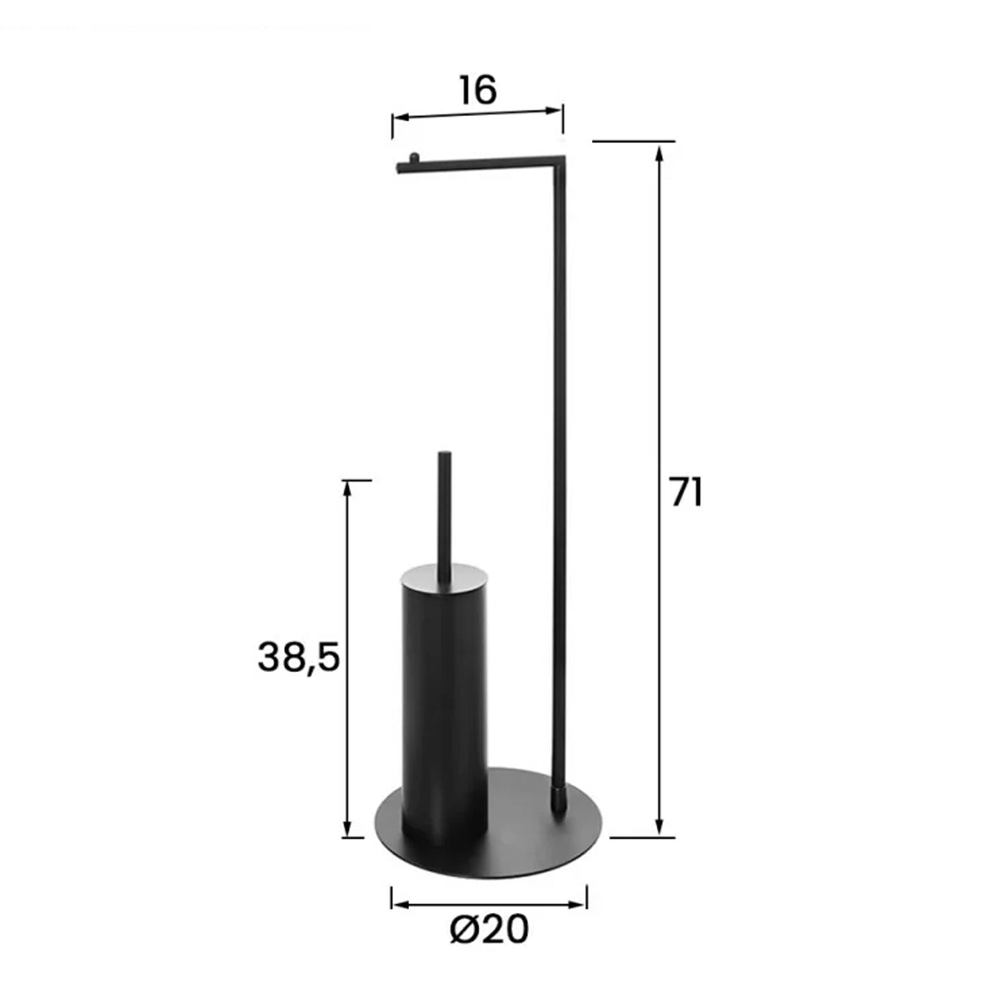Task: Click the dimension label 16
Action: [x=478, y=90]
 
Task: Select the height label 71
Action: [x=686, y=493]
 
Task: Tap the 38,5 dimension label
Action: [x=298, y=657]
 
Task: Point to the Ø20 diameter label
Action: [x=489, y=928]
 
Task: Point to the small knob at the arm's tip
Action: [x=414, y=157]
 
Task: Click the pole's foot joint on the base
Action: [x=559, y=799]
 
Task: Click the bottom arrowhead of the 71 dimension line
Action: [x=659, y=829]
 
